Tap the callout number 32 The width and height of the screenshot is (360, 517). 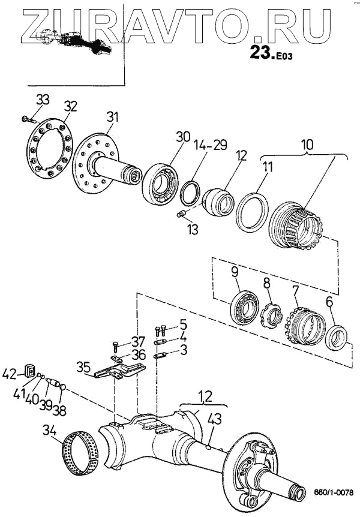[x=71, y=107]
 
